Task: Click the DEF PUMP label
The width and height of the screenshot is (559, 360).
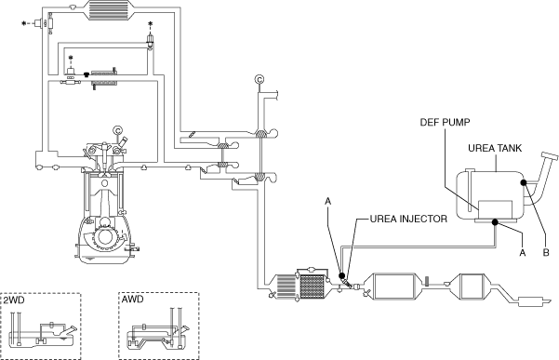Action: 445,122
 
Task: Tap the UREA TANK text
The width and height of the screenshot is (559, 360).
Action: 495,148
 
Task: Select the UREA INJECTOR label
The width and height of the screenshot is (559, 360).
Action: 408,219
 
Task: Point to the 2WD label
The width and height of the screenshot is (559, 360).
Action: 14,300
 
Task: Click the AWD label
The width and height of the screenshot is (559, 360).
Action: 132,299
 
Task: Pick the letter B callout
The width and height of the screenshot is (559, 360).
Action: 546,253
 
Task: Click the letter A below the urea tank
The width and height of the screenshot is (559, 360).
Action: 523,253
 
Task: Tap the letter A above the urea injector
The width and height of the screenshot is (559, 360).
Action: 328,201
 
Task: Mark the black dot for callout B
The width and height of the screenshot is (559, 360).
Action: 524,182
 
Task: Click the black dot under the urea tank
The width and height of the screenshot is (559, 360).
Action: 495,222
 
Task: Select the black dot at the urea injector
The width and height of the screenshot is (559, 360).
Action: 341,275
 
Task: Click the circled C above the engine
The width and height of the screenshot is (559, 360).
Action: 117,130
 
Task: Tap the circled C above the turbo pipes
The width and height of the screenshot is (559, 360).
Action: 260,79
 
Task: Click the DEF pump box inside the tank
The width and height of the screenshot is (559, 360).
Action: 495,209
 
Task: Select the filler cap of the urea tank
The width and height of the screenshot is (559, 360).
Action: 550,156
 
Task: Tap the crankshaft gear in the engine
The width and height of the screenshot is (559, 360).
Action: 104,236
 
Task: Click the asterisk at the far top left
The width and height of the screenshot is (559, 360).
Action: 24,23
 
